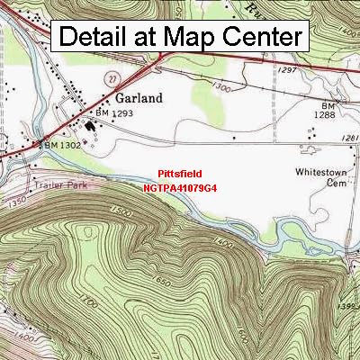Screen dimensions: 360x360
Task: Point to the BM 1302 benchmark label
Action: (57, 144)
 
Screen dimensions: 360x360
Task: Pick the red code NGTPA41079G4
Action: (179, 188)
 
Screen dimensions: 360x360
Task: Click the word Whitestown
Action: (323, 171)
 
